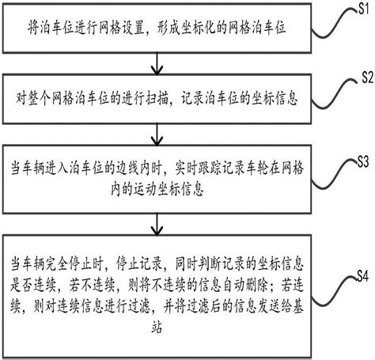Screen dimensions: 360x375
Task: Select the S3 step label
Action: coord(363,161)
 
